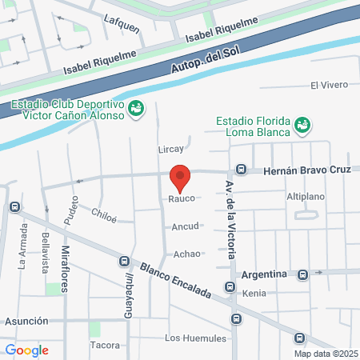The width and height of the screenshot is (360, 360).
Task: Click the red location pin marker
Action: point(181,178)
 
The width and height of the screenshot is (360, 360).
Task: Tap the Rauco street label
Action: point(182,198)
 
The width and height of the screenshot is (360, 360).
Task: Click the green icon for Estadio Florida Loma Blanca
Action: point(302,125)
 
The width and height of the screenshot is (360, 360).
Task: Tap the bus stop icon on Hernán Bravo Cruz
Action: point(241,170)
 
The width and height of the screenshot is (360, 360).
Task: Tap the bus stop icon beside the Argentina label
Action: point(302,274)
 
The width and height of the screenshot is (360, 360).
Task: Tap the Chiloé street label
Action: point(104,215)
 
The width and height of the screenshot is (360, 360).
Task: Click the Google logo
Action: point(26,350)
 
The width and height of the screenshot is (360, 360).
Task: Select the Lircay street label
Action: point(170,149)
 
